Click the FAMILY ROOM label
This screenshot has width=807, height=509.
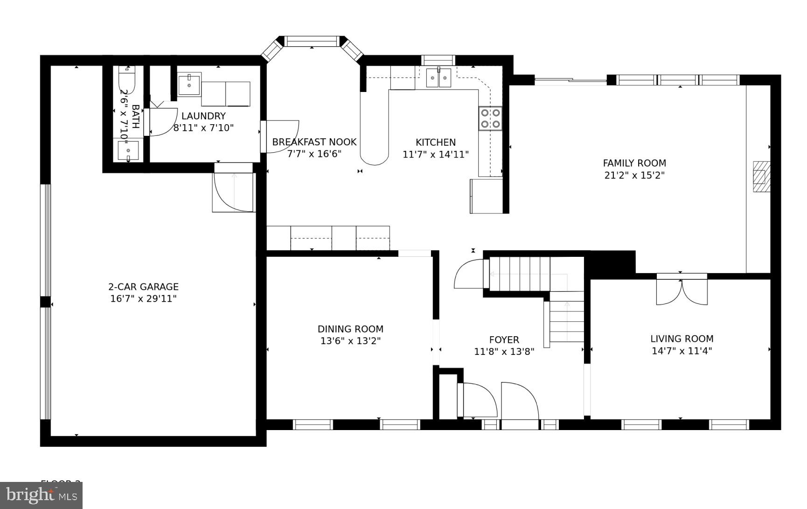634,163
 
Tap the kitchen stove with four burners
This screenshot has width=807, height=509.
490,118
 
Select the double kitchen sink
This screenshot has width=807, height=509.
439,78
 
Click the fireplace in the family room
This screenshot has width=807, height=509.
761,177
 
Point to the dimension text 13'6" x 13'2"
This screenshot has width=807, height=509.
350,341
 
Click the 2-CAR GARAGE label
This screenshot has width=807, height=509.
143,287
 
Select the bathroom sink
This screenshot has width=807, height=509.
128,150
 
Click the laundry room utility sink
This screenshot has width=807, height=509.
189,85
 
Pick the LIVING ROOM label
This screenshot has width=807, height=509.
682,339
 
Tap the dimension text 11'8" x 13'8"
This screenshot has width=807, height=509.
504,352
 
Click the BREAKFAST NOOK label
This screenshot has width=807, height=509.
314,142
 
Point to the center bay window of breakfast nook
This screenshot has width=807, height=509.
312,41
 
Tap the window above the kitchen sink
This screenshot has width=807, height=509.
438,60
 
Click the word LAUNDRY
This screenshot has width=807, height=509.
203,116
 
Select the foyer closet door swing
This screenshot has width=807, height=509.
478,400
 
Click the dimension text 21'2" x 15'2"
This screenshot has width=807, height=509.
634,176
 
